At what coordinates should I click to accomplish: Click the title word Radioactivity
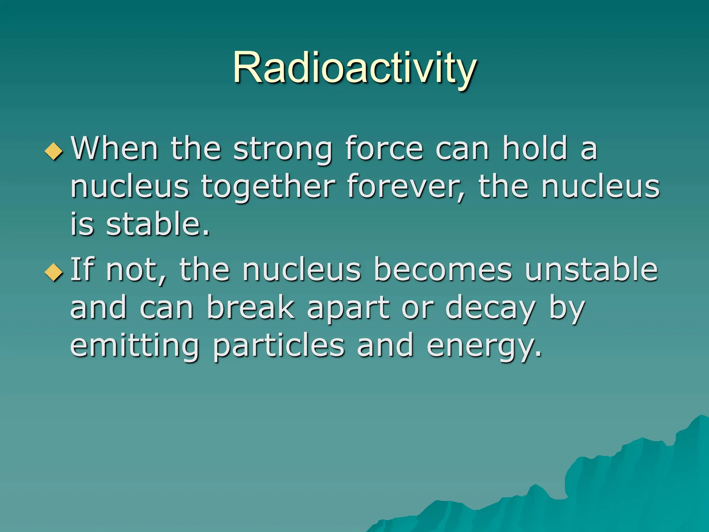[x=354, y=68]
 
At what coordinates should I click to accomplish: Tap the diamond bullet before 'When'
[x=54, y=151]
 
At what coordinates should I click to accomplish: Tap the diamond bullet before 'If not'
[x=54, y=272]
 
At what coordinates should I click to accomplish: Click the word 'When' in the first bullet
[x=115, y=149]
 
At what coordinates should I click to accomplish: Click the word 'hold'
[x=535, y=149]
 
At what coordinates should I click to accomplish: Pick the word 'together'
[x=268, y=187]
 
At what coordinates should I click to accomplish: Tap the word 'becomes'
[x=443, y=270]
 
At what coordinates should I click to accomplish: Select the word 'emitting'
[x=135, y=346]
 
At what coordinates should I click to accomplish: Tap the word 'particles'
[x=279, y=346]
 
